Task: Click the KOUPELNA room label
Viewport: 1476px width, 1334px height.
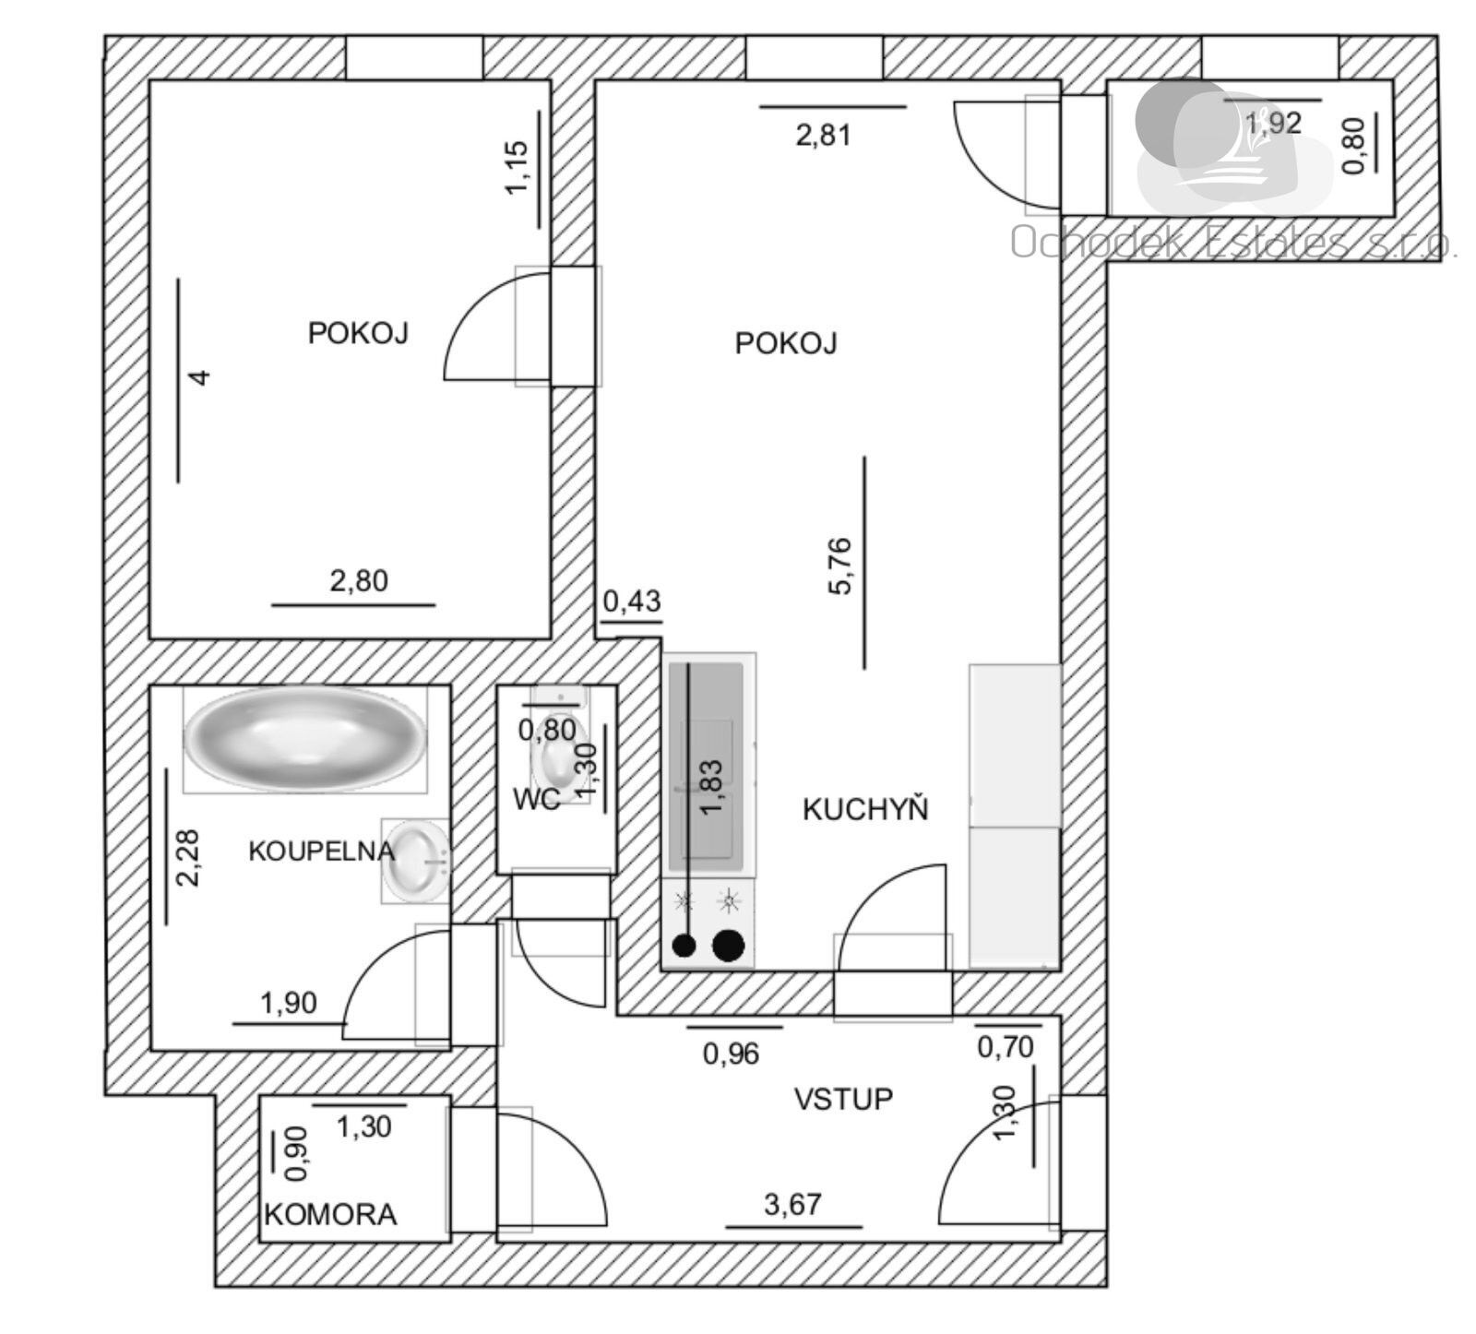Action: (320, 851)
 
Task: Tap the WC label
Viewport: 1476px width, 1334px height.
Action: (537, 800)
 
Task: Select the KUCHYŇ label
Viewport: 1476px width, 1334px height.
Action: (864, 810)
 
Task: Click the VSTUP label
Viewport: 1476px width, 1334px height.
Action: (843, 1099)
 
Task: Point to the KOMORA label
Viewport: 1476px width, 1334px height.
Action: (330, 1214)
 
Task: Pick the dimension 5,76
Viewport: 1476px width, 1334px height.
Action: (841, 566)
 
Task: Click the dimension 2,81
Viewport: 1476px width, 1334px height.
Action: (823, 136)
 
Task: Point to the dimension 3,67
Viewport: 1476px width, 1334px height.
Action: (792, 1204)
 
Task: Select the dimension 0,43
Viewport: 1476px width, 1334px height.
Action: (632, 601)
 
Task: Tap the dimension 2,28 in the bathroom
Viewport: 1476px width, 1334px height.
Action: (188, 857)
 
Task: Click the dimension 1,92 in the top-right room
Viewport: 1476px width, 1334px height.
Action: (1273, 122)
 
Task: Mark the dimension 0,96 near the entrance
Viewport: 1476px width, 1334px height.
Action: (731, 1053)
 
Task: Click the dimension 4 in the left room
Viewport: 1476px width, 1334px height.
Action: (199, 376)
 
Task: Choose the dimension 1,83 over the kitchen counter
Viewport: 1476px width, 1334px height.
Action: (711, 787)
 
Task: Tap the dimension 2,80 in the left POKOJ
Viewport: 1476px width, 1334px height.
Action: (359, 581)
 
